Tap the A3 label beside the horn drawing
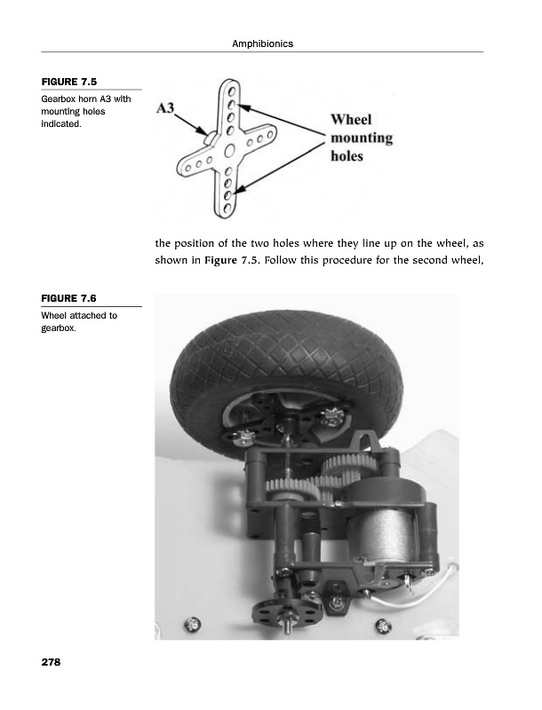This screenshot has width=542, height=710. (166, 108)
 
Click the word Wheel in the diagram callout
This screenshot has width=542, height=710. (351, 120)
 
